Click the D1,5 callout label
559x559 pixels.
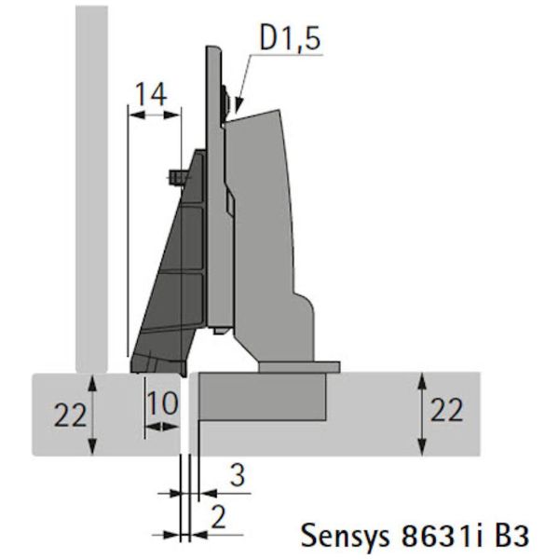pyautogui.click(x=290, y=38)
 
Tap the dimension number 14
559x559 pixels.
pyautogui.click(x=152, y=94)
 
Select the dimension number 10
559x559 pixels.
pyautogui.click(x=162, y=402)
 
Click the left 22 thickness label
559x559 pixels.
pyautogui.click(x=70, y=415)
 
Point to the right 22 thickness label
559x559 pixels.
pyautogui.click(x=446, y=410)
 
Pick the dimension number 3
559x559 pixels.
pyautogui.click(x=238, y=474)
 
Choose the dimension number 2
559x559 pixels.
pyautogui.click(x=219, y=517)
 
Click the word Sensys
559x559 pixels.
pyautogui.click(x=345, y=536)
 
